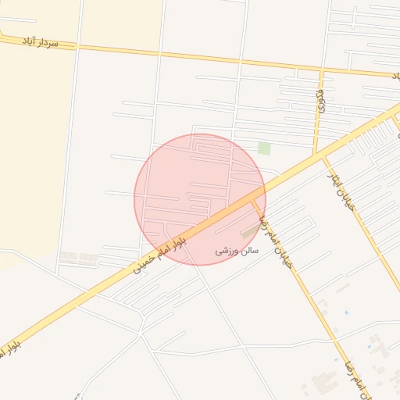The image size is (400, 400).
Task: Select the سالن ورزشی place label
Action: (x=237, y=251)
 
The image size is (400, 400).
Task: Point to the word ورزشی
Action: (x=227, y=251)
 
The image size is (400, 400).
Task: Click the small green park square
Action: (x=264, y=148)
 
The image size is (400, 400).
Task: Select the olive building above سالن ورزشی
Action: (x=250, y=232)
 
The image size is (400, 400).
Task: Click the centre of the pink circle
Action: (x=200, y=199)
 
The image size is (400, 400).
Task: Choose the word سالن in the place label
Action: (x=248, y=251)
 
